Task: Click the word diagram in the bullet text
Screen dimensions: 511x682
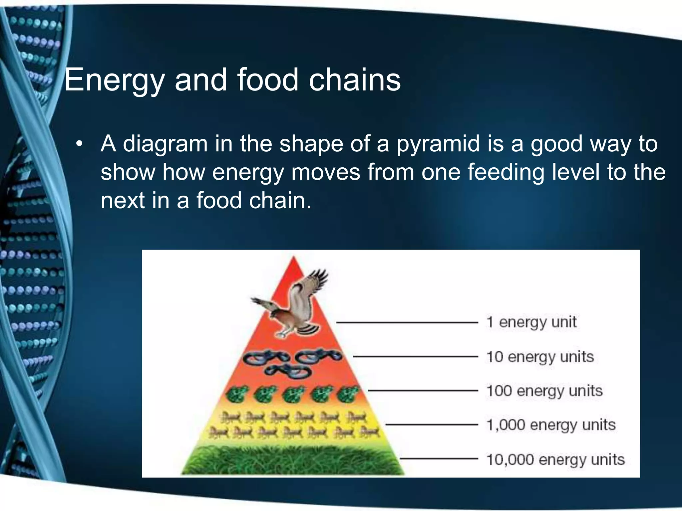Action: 165,144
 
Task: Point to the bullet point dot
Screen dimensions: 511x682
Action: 79,144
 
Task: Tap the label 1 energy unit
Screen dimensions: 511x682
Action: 531,322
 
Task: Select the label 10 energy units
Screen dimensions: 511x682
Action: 540,357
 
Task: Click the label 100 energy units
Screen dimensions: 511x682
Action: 544,391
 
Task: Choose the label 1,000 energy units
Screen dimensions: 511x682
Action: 551,425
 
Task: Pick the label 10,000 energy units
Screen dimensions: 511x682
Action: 555,460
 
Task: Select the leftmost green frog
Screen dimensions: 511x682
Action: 237,394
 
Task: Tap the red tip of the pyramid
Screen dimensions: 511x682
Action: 293,266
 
